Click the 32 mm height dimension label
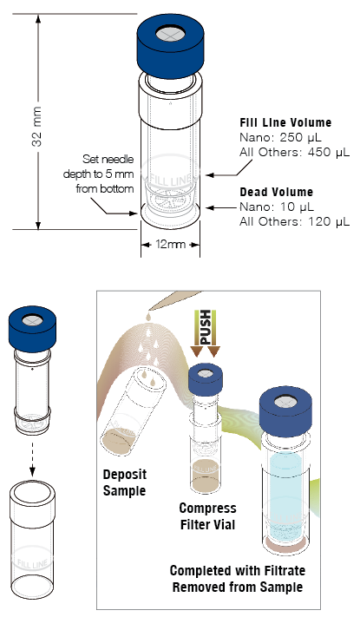click(36, 121)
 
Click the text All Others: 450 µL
click(293, 152)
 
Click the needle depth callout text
click(108, 173)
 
